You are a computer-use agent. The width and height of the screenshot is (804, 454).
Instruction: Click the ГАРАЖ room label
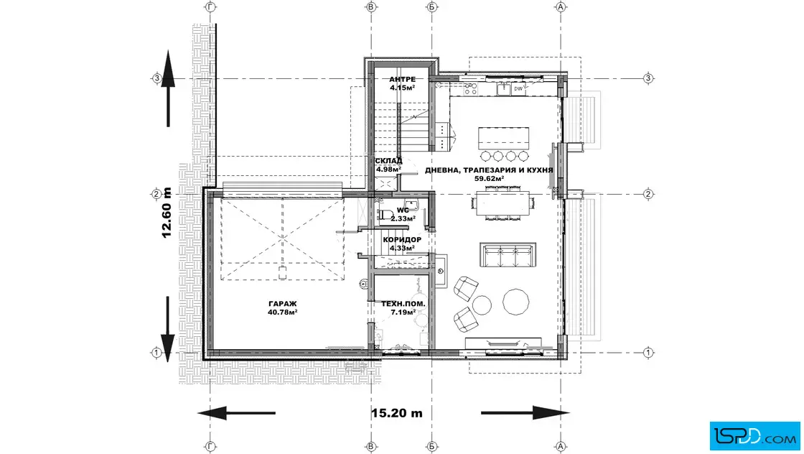[283, 304]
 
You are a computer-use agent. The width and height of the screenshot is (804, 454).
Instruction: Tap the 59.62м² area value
[489, 179]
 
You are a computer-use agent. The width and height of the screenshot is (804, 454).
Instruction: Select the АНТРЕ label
[403, 80]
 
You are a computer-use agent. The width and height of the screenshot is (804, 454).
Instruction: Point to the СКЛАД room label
[388, 161]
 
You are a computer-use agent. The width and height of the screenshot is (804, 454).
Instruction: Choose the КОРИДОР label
[402, 239]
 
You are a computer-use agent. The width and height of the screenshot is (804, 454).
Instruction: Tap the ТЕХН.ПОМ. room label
[403, 304]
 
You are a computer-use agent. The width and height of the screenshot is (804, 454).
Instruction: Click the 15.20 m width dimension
[397, 413]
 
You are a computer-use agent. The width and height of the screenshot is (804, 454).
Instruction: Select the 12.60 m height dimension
[167, 213]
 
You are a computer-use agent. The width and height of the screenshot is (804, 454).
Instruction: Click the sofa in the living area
[508, 254]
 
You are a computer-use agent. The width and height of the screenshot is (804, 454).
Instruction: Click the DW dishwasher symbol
[518, 89]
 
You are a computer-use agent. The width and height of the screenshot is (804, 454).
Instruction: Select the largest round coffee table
[516, 301]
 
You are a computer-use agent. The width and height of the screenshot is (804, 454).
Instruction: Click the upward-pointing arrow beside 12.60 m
[168, 88]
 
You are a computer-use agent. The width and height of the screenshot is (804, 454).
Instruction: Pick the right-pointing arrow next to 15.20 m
[525, 413]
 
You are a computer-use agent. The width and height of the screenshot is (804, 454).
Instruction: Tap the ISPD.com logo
[754, 436]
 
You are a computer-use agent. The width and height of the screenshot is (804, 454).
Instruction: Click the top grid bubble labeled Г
[210, 6]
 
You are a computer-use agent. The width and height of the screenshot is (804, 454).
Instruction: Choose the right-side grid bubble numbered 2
[648, 194]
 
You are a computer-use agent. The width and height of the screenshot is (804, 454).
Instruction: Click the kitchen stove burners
[470, 89]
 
